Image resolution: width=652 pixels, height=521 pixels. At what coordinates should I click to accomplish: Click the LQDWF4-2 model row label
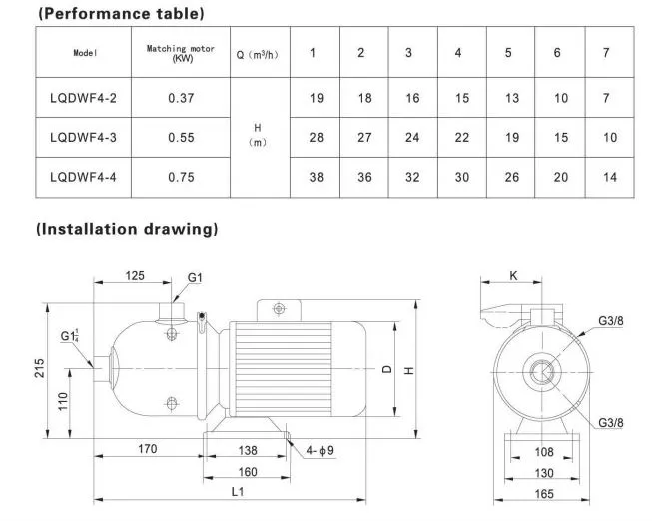[x=84, y=100]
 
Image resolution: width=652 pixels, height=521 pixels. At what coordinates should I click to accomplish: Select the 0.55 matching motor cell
[x=182, y=138]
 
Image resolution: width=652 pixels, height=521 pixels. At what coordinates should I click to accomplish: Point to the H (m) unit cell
[x=258, y=136]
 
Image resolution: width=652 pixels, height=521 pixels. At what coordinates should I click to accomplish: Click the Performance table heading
[x=120, y=14]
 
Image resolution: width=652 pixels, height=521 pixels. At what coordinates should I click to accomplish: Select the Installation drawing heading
[x=127, y=229]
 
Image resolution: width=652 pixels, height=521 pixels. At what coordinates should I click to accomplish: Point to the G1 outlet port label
[x=195, y=276]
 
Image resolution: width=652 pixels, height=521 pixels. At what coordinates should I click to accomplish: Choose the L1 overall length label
[x=237, y=490]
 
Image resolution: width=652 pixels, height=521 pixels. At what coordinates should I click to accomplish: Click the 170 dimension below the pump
[x=147, y=450]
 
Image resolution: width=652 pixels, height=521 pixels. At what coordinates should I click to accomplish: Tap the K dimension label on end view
[x=513, y=276]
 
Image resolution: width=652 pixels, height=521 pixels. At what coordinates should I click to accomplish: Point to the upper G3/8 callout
[x=613, y=320]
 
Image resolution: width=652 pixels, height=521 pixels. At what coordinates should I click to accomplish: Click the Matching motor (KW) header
[x=182, y=53]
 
